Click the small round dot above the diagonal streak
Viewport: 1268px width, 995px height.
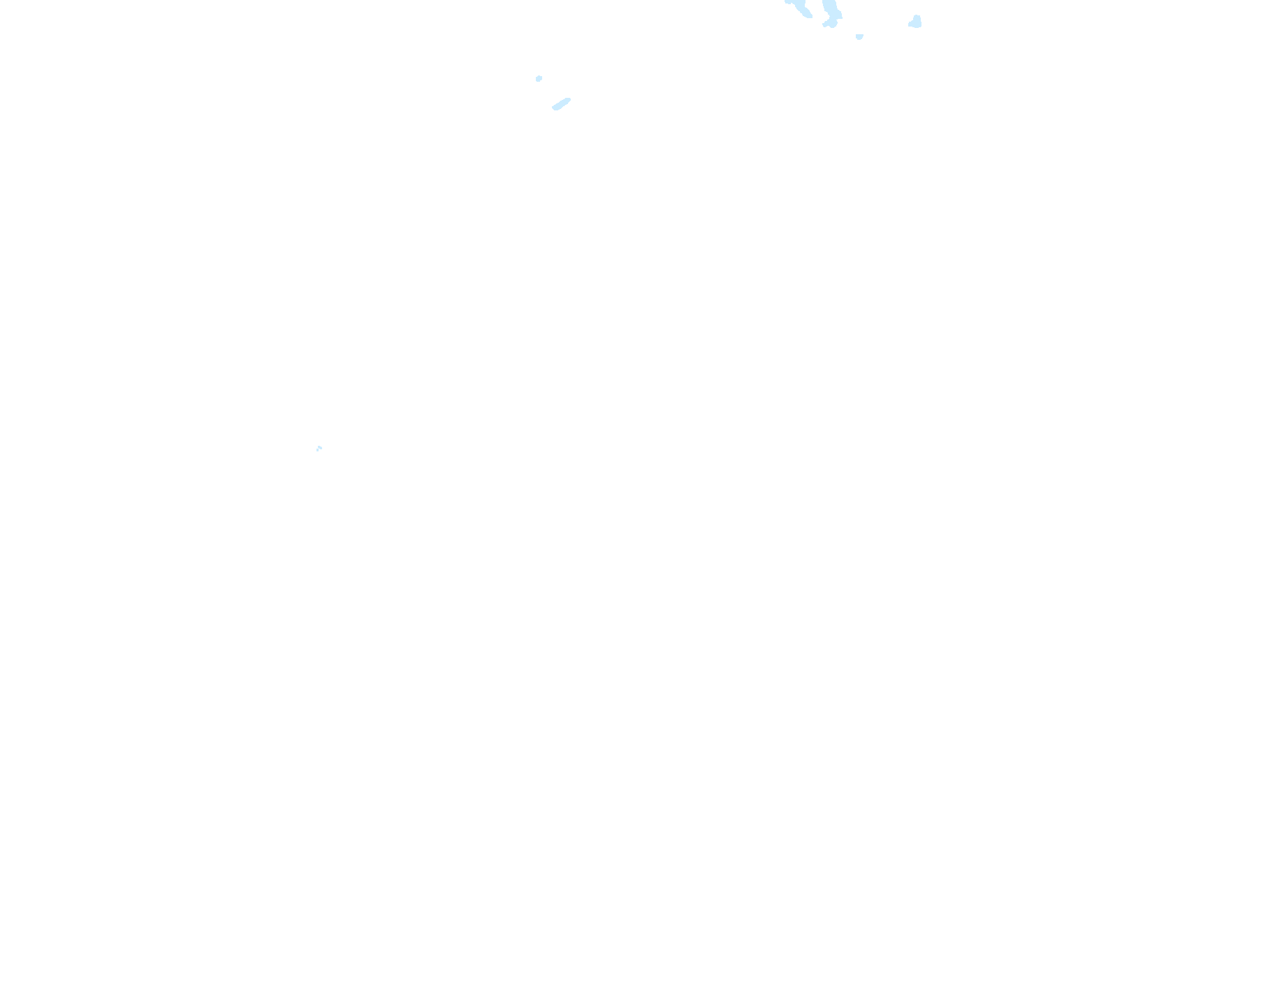pyautogui.click(x=539, y=78)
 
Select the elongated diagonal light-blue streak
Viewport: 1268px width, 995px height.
pyautogui.click(x=562, y=104)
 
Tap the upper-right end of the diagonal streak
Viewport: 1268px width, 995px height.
pyautogui.click(x=569, y=100)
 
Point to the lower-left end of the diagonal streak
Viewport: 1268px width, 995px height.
pyautogui.click(x=554, y=108)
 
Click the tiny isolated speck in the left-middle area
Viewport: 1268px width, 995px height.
pyautogui.click(x=319, y=448)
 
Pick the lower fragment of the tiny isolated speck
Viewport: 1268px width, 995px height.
pyautogui.click(x=318, y=450)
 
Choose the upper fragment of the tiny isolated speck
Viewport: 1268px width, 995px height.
pyautogui.click(x=320, y=446)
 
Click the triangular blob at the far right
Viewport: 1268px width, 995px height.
pyautogui.click(x=915, y=22)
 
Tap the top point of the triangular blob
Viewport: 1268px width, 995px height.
pyautogui.click(x=917, y=16)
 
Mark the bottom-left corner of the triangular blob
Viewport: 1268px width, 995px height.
pyautogui.click(x=910, y=25)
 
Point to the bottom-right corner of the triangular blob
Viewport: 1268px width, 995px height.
pyautogui.click(x=920, y=26)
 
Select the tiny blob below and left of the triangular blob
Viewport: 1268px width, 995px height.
pyautogui.click(x=859, y=36)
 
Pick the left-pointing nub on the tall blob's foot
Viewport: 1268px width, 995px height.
pyautogui.click(x=824, y=24)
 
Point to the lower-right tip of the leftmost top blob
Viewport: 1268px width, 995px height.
pyautogui.click(x=810, y=16)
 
